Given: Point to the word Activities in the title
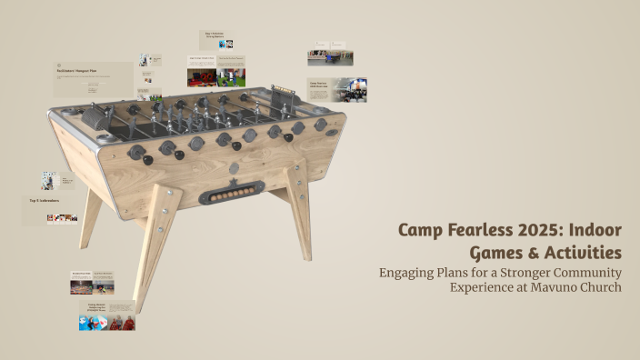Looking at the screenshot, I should click(582, 251).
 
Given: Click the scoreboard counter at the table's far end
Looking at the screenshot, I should click(285, 94).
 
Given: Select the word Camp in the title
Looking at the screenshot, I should click(420, 228).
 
